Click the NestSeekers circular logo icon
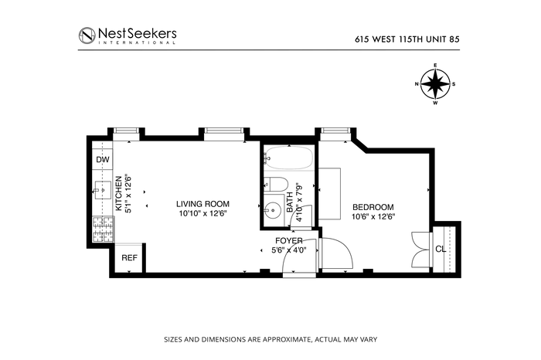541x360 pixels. (87, 36)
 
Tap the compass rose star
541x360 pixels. (435, 83)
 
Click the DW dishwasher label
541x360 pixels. (103, 160)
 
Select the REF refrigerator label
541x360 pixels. (129, 258)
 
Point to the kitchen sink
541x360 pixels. (103, 190)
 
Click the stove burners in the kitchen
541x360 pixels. (103, 229)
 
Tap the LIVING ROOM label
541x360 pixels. (202, 204)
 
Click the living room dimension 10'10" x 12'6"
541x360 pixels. (202, 213)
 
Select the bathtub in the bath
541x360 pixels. (289, 158)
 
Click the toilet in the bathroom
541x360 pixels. (276, 184)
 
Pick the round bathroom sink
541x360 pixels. (273, 210)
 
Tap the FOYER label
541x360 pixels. (289, 241)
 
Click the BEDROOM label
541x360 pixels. (373, 207)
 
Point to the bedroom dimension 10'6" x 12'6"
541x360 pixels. (373, 217)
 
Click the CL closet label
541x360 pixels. (441, 249)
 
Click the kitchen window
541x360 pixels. (126, 131)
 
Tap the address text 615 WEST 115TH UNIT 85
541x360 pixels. (407, 39)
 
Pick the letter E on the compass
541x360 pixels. (435, 65)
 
